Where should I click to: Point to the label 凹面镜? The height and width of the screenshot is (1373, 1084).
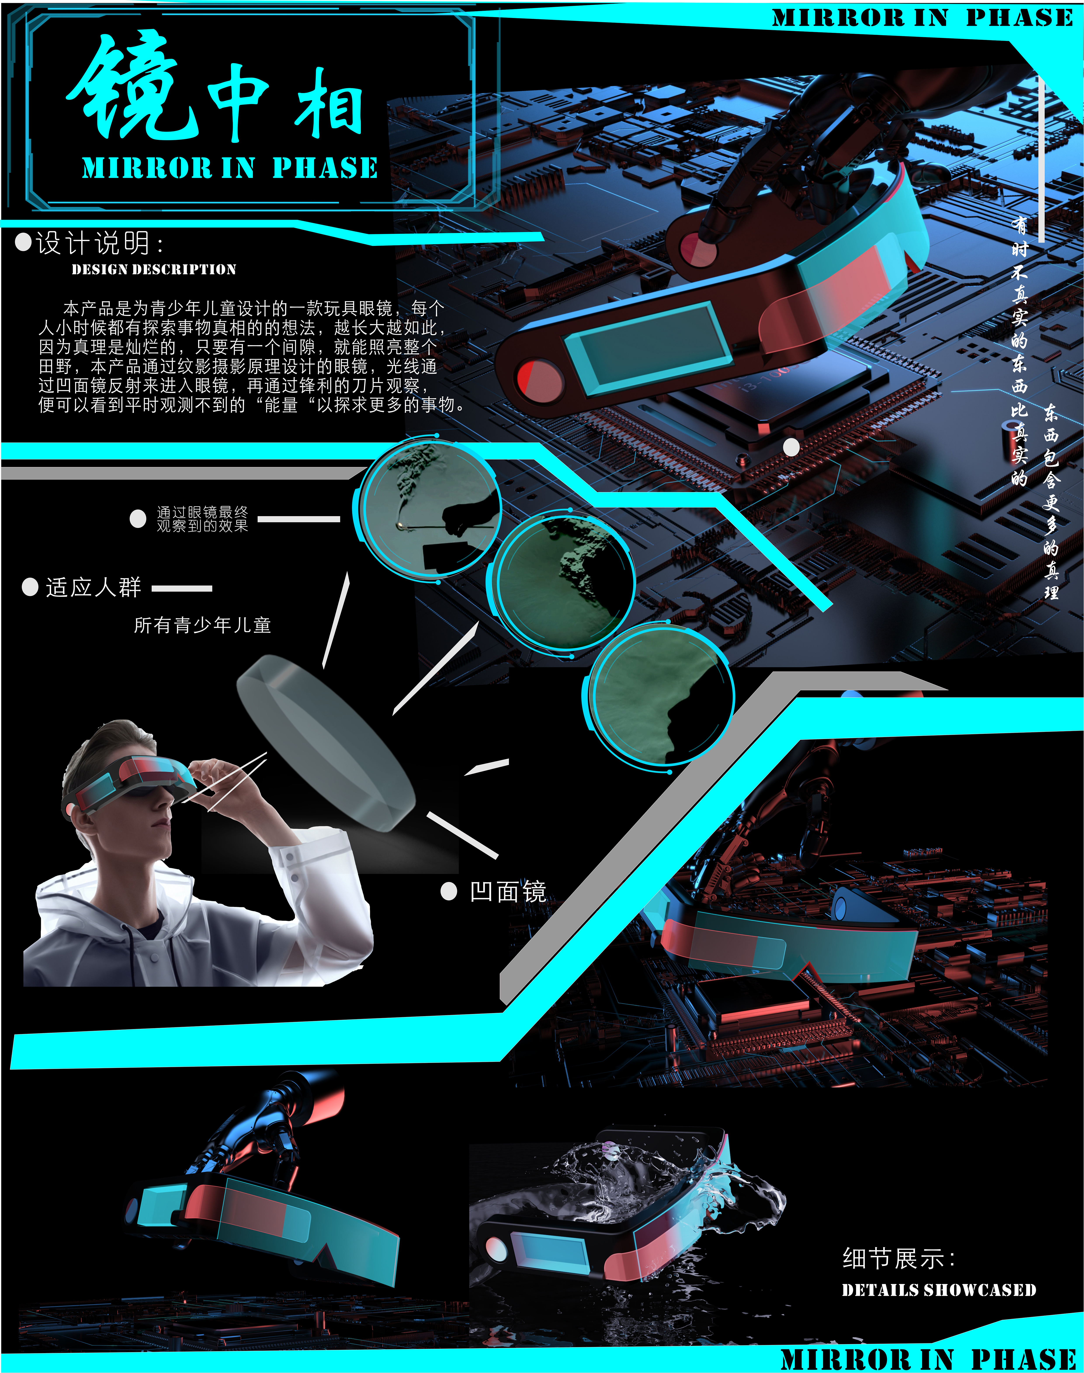point(508,891)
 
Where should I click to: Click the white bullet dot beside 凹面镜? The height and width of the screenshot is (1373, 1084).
point(449,891)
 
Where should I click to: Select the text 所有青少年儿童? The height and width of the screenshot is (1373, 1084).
point(203,625)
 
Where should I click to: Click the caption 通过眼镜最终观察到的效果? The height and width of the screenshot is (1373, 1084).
point(203,519)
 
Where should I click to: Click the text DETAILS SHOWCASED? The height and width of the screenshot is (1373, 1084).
point(939,1290)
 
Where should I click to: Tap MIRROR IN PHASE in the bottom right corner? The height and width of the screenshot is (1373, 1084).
point(928,1359)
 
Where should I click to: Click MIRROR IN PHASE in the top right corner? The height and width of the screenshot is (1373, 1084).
point(922,18)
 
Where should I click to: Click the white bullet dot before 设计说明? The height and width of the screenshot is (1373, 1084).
point(23,243)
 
